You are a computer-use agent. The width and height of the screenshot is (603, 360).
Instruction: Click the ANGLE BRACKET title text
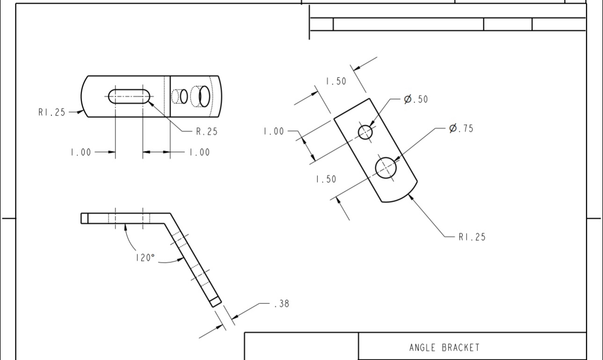pos(444,347)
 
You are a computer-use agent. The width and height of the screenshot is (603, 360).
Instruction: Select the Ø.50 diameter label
pos(416,99)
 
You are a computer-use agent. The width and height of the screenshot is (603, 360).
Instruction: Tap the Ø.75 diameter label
pos(461,129)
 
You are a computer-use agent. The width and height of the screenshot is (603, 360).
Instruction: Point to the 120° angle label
pos(145,258)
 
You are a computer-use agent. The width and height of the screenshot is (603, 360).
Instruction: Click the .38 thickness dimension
pos(281,303)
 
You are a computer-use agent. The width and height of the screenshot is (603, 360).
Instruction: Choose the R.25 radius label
pos(206,132)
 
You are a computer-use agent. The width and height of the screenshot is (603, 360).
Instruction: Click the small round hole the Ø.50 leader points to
pos(366,132)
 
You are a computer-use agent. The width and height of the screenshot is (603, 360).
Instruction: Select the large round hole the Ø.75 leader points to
pos(386,168)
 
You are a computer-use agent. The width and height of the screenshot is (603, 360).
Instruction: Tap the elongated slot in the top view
pos(129,96)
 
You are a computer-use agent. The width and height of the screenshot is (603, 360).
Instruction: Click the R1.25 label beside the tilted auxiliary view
pos(472,237)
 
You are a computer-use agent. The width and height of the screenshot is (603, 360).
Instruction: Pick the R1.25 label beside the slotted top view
pos(52,112)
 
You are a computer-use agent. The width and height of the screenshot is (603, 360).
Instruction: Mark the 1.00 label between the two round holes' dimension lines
pos(273,131)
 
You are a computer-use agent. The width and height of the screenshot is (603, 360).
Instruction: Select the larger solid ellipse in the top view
pos(204,96)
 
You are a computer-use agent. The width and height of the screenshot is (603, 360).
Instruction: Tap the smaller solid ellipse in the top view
pos(184,96)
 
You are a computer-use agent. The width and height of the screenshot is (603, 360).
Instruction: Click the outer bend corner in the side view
pos(170,214)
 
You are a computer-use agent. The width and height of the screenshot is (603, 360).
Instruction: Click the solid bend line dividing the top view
pos(170,96)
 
